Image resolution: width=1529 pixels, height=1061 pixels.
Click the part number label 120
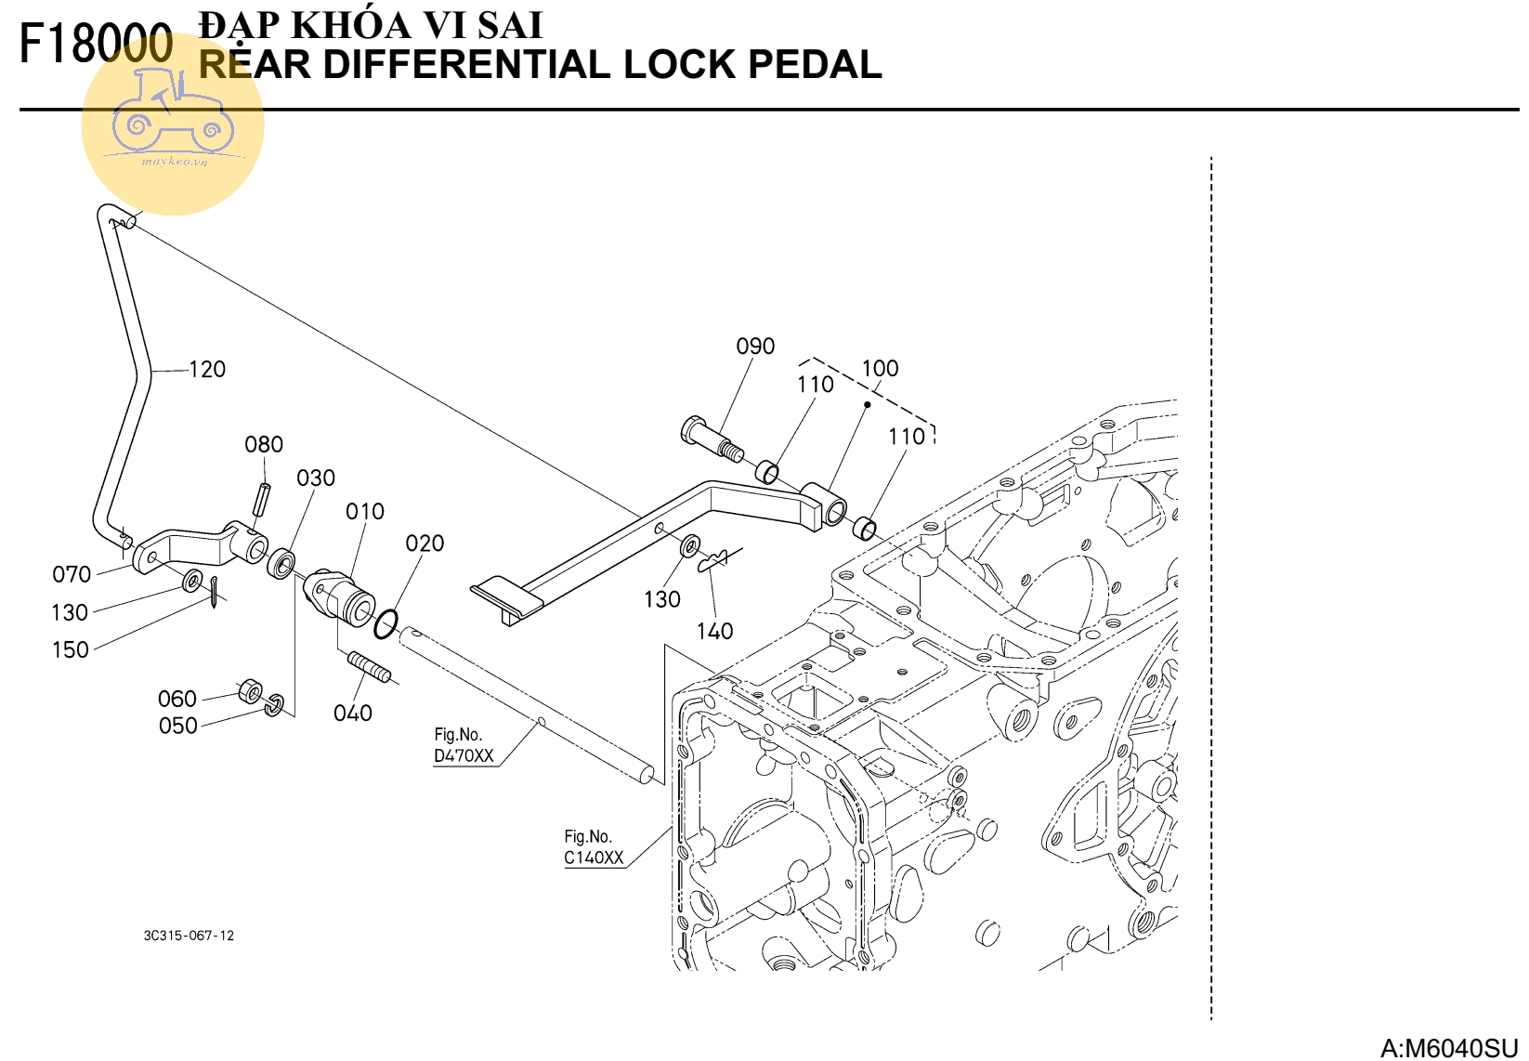[x=207, y=370]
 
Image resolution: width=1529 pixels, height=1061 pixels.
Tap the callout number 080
[x=264, y=445]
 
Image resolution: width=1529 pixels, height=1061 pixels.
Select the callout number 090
[x=755, y=347]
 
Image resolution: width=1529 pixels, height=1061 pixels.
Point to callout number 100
[x=880, y=369]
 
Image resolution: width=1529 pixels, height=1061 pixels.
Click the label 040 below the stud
[x=353, y=714]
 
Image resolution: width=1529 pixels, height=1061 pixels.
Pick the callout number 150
[x=71, y=650]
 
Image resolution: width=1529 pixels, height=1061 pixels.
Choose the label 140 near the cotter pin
[x=714, y=632]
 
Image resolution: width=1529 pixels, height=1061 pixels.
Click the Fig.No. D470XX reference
[x=464, y=746]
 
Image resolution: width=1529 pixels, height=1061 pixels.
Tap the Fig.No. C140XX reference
[x=594, y=848]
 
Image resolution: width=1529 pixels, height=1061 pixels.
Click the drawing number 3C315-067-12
[x=189, y=936]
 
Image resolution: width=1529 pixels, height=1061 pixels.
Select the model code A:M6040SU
[x=1448, y=1048]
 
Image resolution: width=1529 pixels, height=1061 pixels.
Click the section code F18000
[x=96, y=44]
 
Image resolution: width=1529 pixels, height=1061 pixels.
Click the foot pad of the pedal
[x=506, y=596]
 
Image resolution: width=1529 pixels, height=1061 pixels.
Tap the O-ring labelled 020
[x=386, y=624]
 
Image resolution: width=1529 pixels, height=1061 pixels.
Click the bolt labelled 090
[x=711, y=440]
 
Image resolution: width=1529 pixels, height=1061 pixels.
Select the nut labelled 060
[x=250, y=692]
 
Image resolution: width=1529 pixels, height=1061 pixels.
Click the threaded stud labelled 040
[x=369, y=665]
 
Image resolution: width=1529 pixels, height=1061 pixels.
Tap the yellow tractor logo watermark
[x=173, y=125]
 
